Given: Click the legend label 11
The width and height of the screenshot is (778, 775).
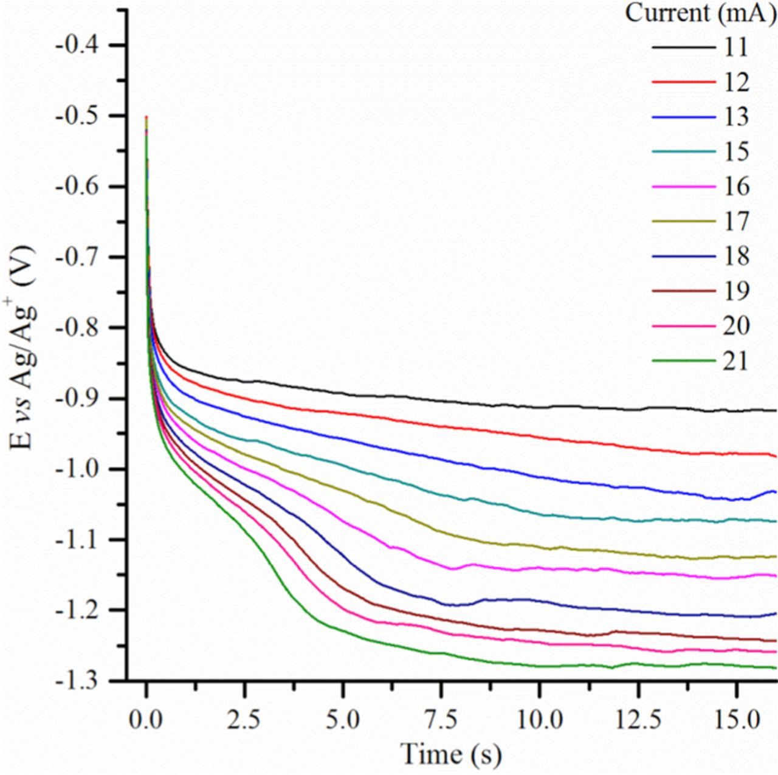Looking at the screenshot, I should pyautogui.click(x=736, y=47).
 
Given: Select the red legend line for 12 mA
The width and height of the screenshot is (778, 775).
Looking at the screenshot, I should pyautogui.click(x=684, y=82).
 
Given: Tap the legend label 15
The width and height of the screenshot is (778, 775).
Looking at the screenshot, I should pyautogui.click(x=736, y=152).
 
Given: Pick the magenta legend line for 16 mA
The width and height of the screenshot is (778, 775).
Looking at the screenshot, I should pyautogui.click(x=684, y=187).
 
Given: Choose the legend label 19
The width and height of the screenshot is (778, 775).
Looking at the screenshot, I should pyautogui.click(x=736, y=292).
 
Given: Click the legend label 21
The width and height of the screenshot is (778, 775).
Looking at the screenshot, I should pyautogui.click(x=736, y=362).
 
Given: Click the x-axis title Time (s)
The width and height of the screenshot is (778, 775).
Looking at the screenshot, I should pyautogui.click(x=451, y=754).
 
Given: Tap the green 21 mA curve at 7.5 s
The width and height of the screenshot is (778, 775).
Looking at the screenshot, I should pyautogui.click(x=441, y=653).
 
